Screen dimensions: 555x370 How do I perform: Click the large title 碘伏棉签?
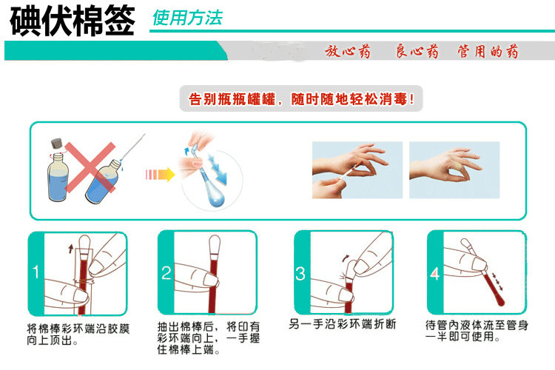(x=73, y=21)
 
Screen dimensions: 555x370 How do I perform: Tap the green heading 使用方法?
(x=187, y=18)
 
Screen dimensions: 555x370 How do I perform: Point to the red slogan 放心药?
(x=348, y=51)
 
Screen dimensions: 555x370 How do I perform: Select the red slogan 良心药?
(x=417, y=51)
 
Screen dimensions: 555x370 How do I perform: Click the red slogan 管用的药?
(x=488, y=51)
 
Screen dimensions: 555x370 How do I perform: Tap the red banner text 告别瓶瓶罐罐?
(x=232, y=99)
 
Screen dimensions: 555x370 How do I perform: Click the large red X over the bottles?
(x=90, y=167)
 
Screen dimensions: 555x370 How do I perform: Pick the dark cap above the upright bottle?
(x=57, y=144)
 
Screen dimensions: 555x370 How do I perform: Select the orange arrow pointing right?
(x=161, y=175)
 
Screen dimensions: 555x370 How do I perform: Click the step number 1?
(x=36, y=272)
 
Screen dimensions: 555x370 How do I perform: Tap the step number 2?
(x=166, y=273)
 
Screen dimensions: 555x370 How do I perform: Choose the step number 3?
(x=300, y=274)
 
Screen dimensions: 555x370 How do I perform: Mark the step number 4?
(x=435, y=274)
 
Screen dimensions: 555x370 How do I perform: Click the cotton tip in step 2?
(x=215, y=243)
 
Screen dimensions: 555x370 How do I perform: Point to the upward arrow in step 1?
(x=71, y=248)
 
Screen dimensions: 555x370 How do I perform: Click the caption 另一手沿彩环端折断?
(x=343, y=324)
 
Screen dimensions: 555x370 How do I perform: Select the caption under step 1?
(x=78, y=334)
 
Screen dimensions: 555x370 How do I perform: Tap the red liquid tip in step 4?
(x=499, y=301)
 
